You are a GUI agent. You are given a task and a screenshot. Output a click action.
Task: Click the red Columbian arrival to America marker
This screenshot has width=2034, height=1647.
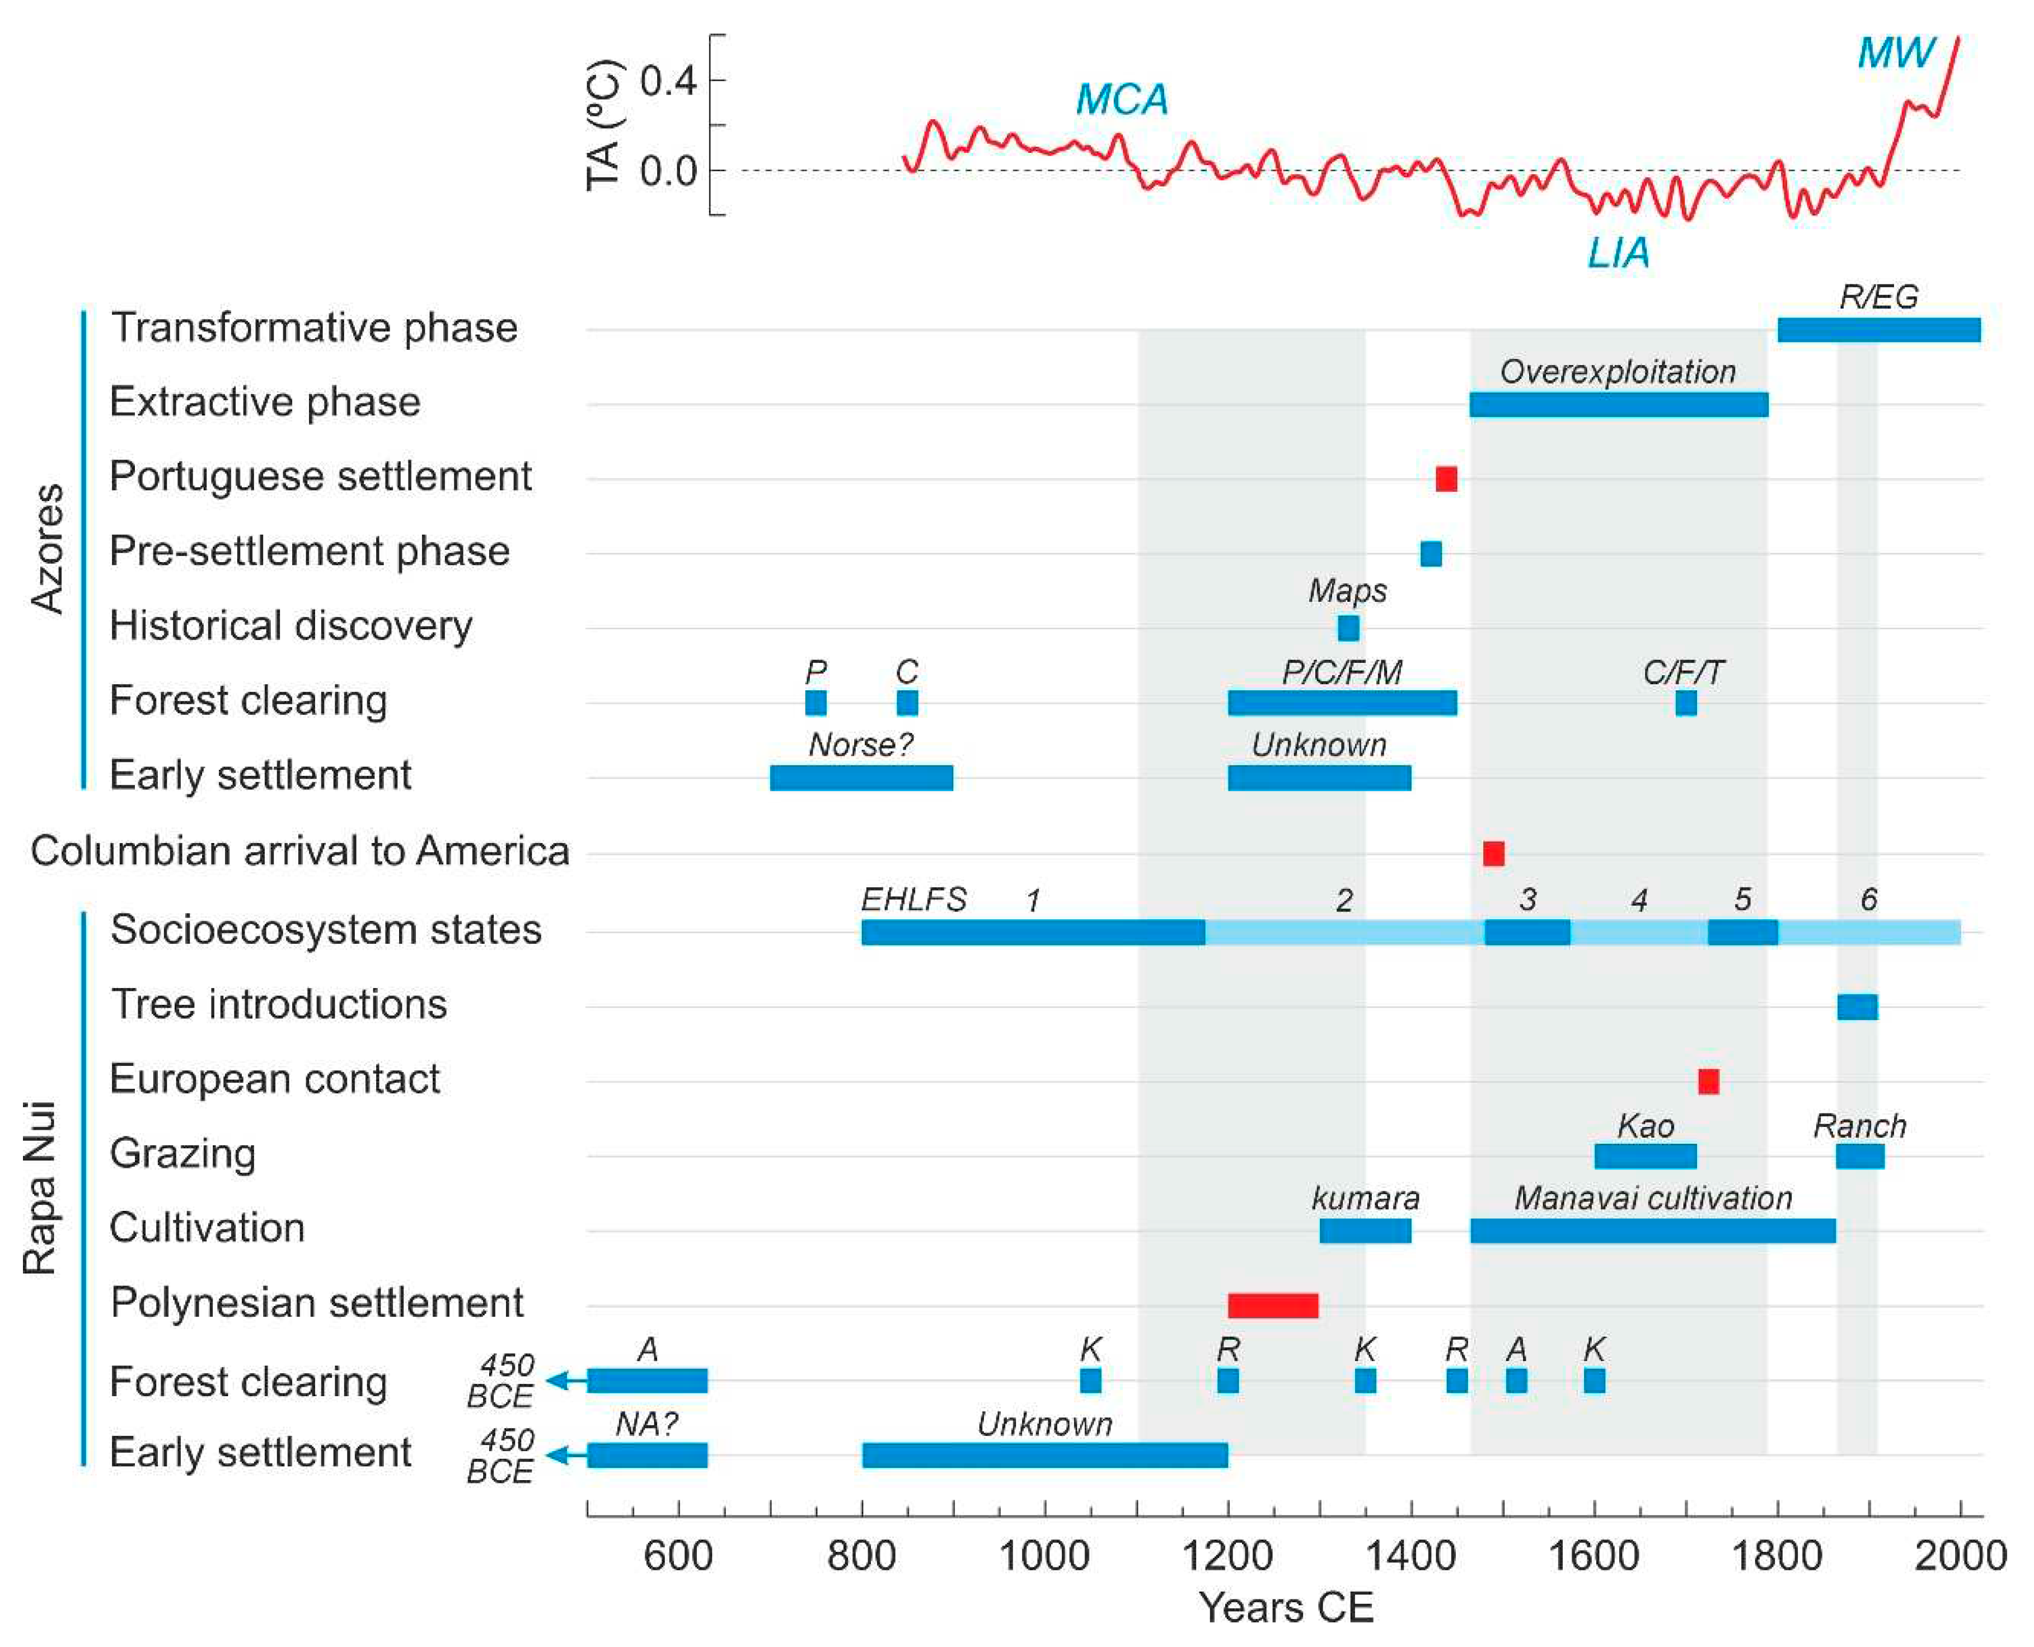click(x=1493, y=853)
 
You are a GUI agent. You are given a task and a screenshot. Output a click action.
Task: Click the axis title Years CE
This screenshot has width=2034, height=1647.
click(x=1286, y=1607)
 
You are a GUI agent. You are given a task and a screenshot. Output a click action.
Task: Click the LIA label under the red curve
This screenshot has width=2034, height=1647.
click(x=1619, y=253)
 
